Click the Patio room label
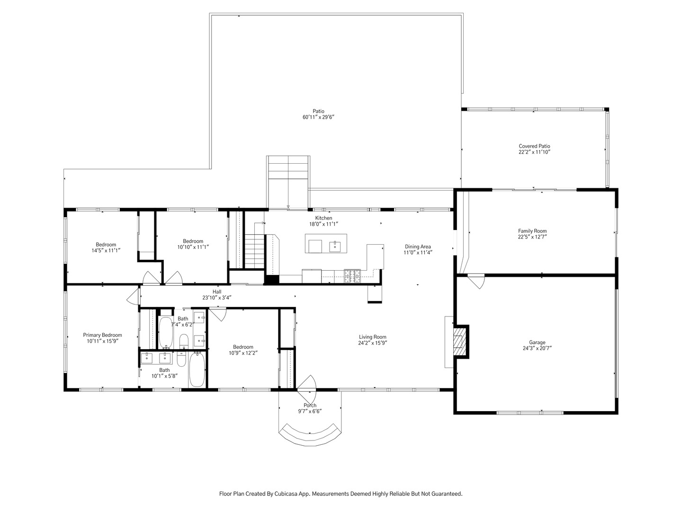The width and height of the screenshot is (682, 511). (x=322, y=111)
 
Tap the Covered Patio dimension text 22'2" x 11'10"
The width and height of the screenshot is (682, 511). (x=534, y=152)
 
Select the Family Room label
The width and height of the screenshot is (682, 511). (x=532, y=231)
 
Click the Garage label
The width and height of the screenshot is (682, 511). (x=537, y=342)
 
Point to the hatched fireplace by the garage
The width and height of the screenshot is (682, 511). (x=458, y=341)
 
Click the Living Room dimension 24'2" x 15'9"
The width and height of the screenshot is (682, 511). (x=372, y=343)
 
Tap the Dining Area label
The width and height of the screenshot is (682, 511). (x=417, y=247)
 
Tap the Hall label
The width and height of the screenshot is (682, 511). (x=217, y=292)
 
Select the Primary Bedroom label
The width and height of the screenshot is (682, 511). (x=102, y=335)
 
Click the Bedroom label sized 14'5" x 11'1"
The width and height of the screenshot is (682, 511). (x=106, y=245)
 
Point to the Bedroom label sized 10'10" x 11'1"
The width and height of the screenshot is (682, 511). (x=193, y=241)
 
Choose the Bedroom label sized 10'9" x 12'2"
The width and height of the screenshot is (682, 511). (x=243, y=347)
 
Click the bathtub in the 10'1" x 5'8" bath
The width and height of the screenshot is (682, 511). (x=197, y=370)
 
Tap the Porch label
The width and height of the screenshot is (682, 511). (x=310, y=405)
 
